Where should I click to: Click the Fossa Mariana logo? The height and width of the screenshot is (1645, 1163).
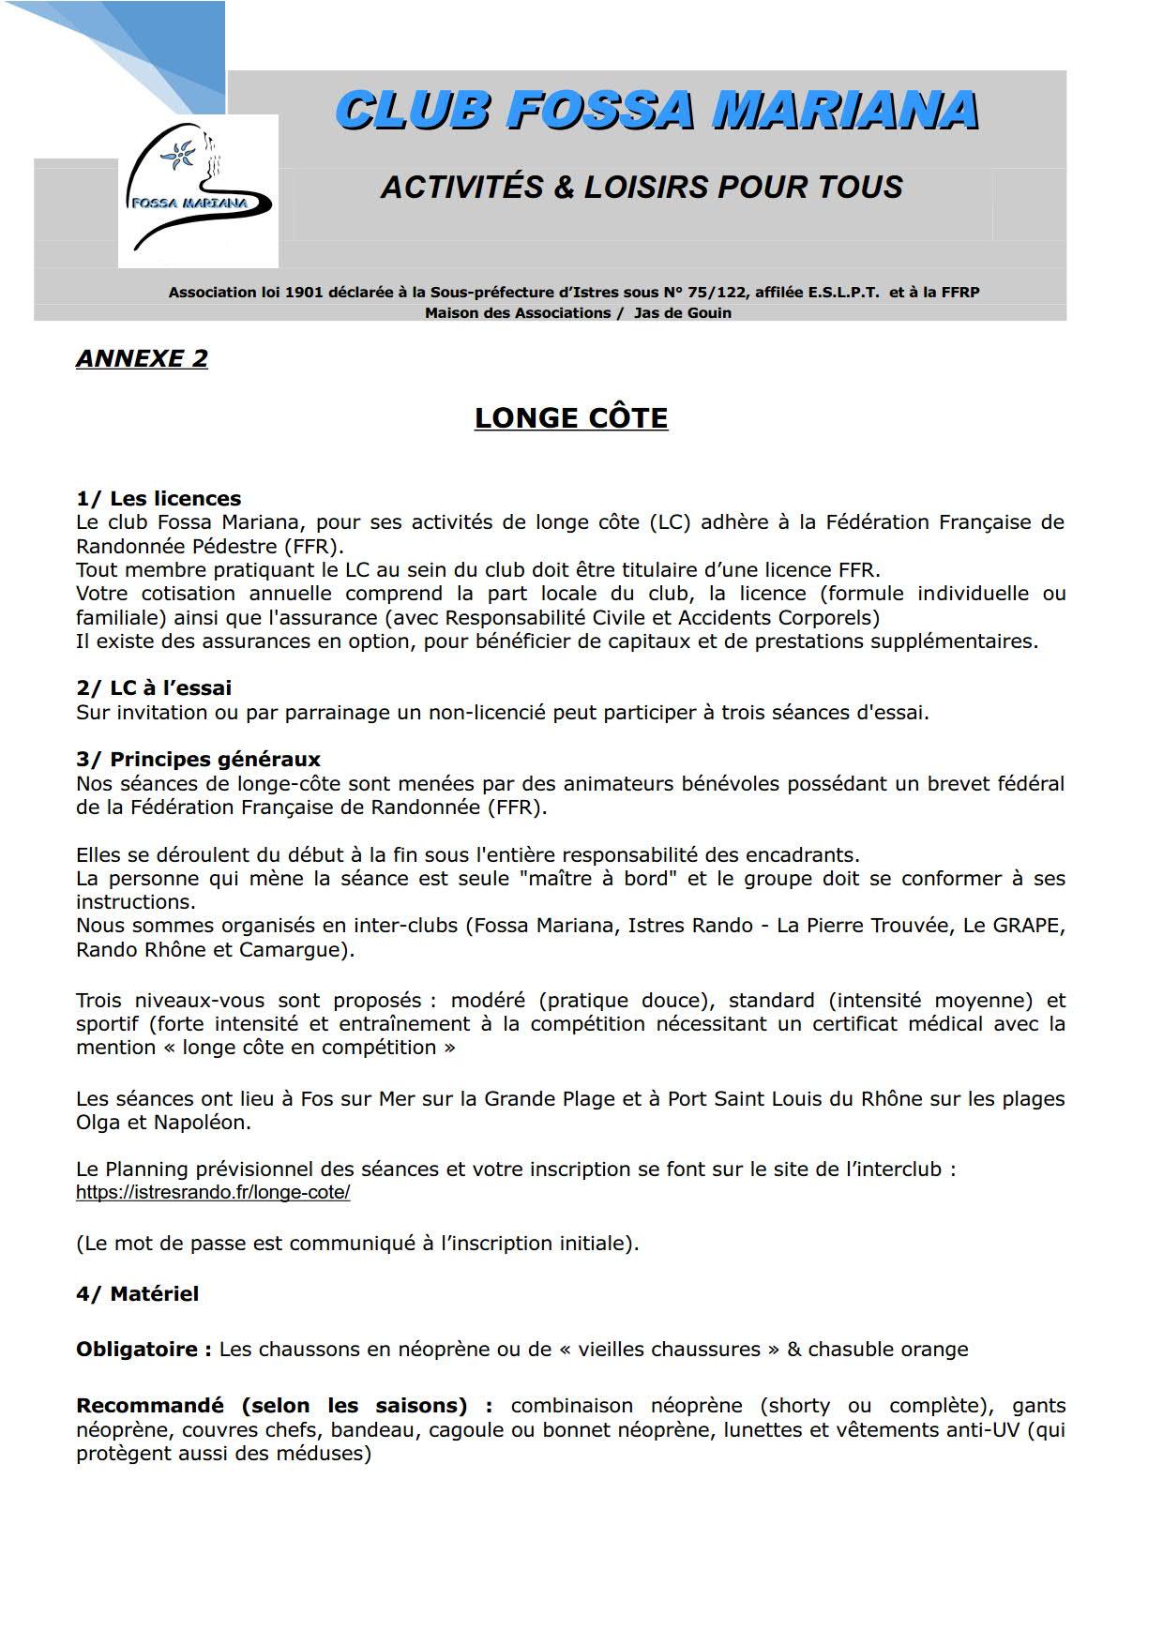coord(198,191)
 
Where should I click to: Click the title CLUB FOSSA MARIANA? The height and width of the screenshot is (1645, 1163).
coord(657,111)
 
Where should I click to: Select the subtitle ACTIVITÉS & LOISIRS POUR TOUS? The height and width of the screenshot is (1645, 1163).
coord(642,187)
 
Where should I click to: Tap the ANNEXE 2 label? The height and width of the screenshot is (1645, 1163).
coord(142,358)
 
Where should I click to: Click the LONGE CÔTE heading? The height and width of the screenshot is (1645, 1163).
coord(570,417)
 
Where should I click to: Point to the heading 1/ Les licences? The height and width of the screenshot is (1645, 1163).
coord(159,498)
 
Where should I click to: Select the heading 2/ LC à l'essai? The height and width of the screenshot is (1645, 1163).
coord(154,687)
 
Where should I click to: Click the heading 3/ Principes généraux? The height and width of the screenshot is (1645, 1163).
coord(198,759)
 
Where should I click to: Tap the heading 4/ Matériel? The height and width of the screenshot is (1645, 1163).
coord(137,1293)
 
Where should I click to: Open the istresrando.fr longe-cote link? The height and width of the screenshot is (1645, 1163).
coord(213,1192)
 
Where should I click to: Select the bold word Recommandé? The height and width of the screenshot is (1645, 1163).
coord(149,1405)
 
